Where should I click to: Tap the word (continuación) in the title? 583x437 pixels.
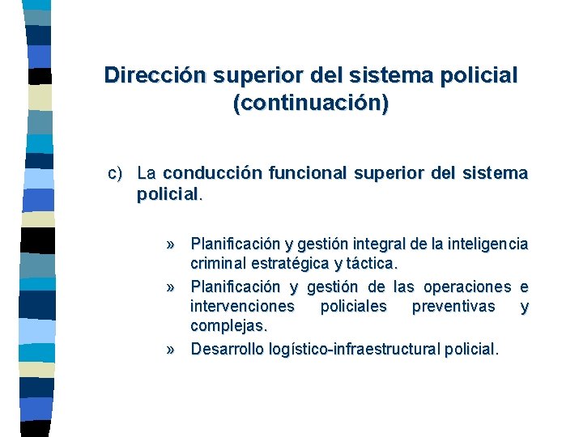click(x=310, y=104)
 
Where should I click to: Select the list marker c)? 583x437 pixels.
click(x=117, y=173)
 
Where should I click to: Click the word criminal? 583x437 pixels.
click(x=219, y=264)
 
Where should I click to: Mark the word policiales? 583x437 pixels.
click(x=354, y=308)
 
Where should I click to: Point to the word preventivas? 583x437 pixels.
click(x=453, y=308)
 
